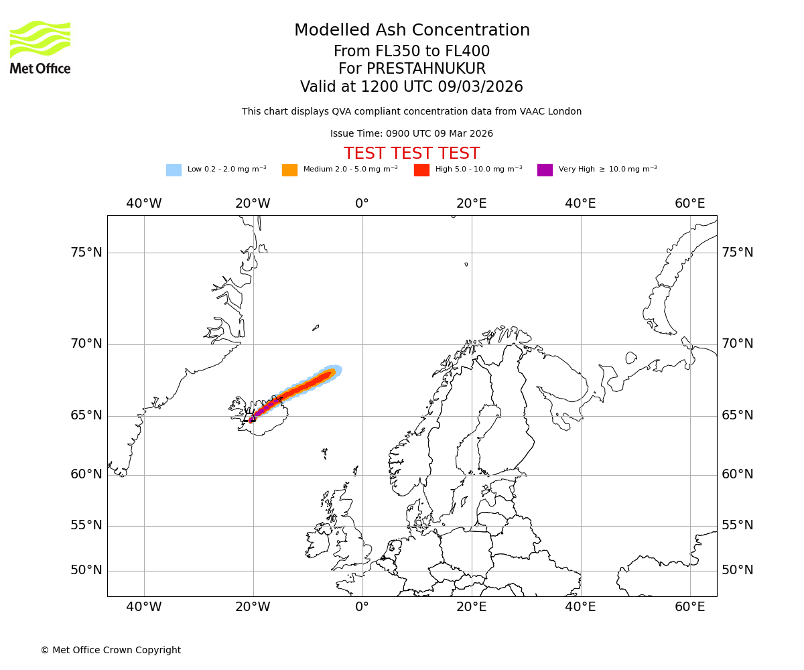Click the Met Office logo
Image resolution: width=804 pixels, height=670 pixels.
pos(40,47)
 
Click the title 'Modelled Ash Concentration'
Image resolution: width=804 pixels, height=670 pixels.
pos(411,31)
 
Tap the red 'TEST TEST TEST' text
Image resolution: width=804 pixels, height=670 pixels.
pos(411,153)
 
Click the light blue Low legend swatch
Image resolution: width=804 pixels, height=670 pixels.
pos(174,170)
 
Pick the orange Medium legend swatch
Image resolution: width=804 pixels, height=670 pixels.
pos(289,170)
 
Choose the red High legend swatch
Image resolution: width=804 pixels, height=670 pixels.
pos(421,170)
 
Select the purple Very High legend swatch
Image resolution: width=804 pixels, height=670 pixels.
pos(545,170)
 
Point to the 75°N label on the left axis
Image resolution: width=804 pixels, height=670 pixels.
pos(86,253)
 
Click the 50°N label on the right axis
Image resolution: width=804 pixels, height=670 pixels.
pos(737,570)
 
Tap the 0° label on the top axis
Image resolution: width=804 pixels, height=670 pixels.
pos(362,204)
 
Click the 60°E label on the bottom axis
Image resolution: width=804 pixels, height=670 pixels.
pos(689,607)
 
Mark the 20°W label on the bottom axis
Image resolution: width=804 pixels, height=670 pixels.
pos(253,607)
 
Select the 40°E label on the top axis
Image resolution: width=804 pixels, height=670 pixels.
pos(580,204)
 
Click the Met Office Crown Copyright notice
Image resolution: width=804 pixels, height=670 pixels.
pos(111,650)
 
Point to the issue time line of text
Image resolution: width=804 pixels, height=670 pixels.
pos(411,134)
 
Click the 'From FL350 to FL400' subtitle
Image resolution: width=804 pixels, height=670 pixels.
pos(411,52)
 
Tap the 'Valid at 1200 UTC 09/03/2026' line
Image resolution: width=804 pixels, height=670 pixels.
pos(411,87)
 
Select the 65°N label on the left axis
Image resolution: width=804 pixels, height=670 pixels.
pos(86,415)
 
